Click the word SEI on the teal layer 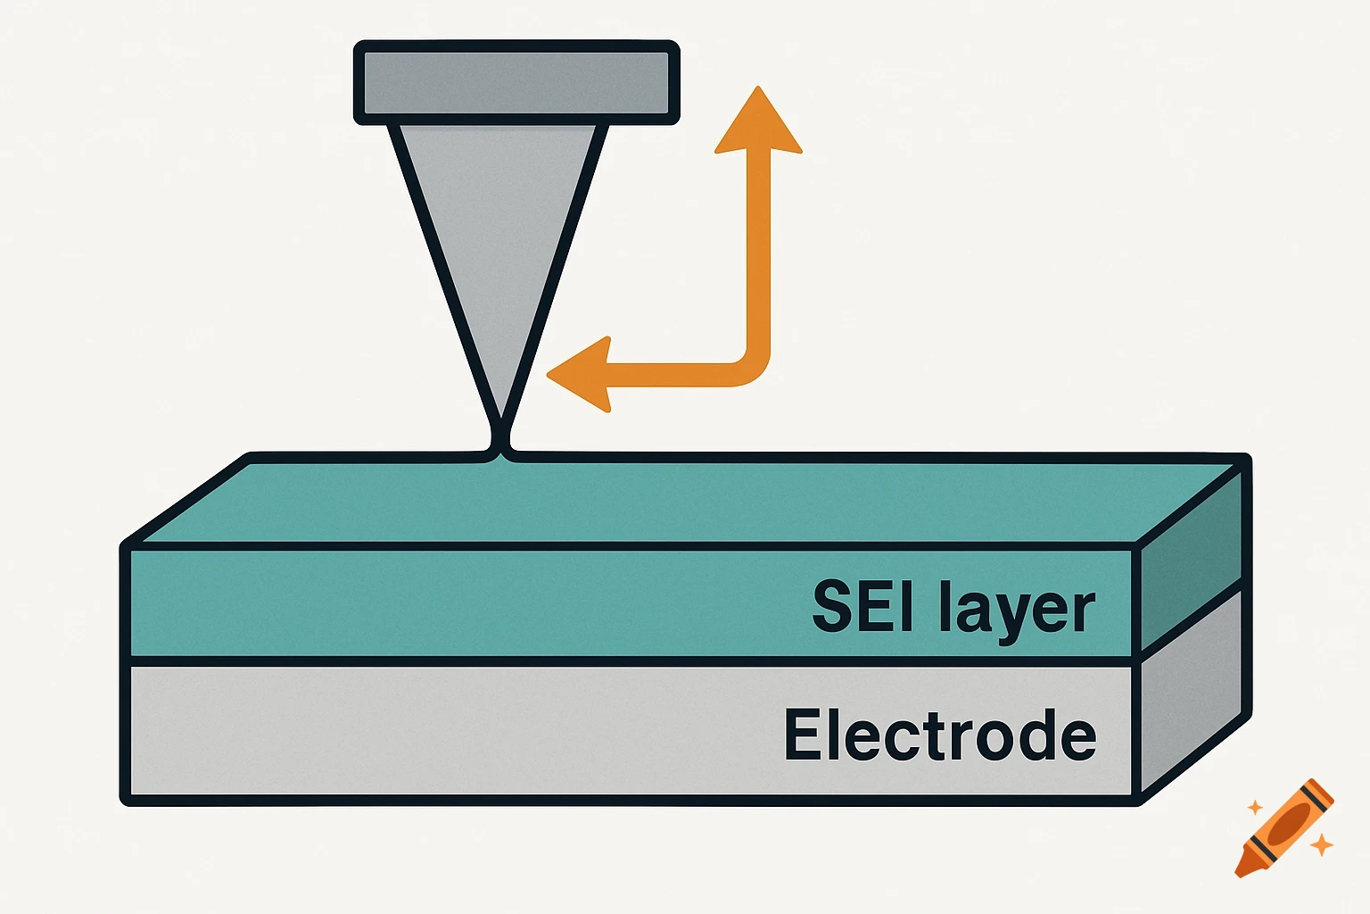863,607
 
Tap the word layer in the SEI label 1017,611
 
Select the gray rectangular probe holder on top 516,82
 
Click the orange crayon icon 1284,828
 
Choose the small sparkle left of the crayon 1255,807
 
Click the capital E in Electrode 801,735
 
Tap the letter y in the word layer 1009,616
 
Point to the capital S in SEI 831,607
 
